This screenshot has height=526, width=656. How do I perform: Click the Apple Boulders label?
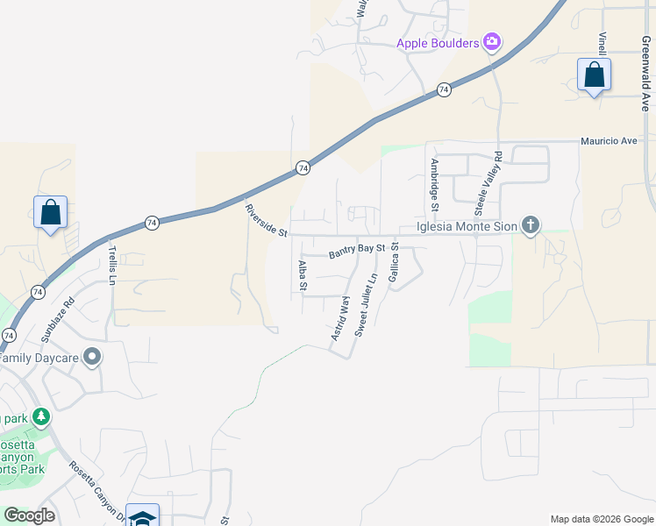click(438, 43)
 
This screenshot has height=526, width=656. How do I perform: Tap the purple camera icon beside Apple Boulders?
click(492, 41)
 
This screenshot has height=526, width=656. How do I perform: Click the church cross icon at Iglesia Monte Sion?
click(530, 226)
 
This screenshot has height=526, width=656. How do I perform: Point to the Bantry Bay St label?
click(357, 252)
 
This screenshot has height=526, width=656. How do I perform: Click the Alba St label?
click(302, 274)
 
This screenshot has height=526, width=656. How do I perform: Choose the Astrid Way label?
click(340, 319)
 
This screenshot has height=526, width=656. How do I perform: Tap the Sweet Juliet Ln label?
click(366, 305)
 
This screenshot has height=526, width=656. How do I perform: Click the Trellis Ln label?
click(111, 264)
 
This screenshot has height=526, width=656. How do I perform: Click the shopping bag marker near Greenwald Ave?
click(594, 75)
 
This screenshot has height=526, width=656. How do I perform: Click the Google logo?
click(29, 515)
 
